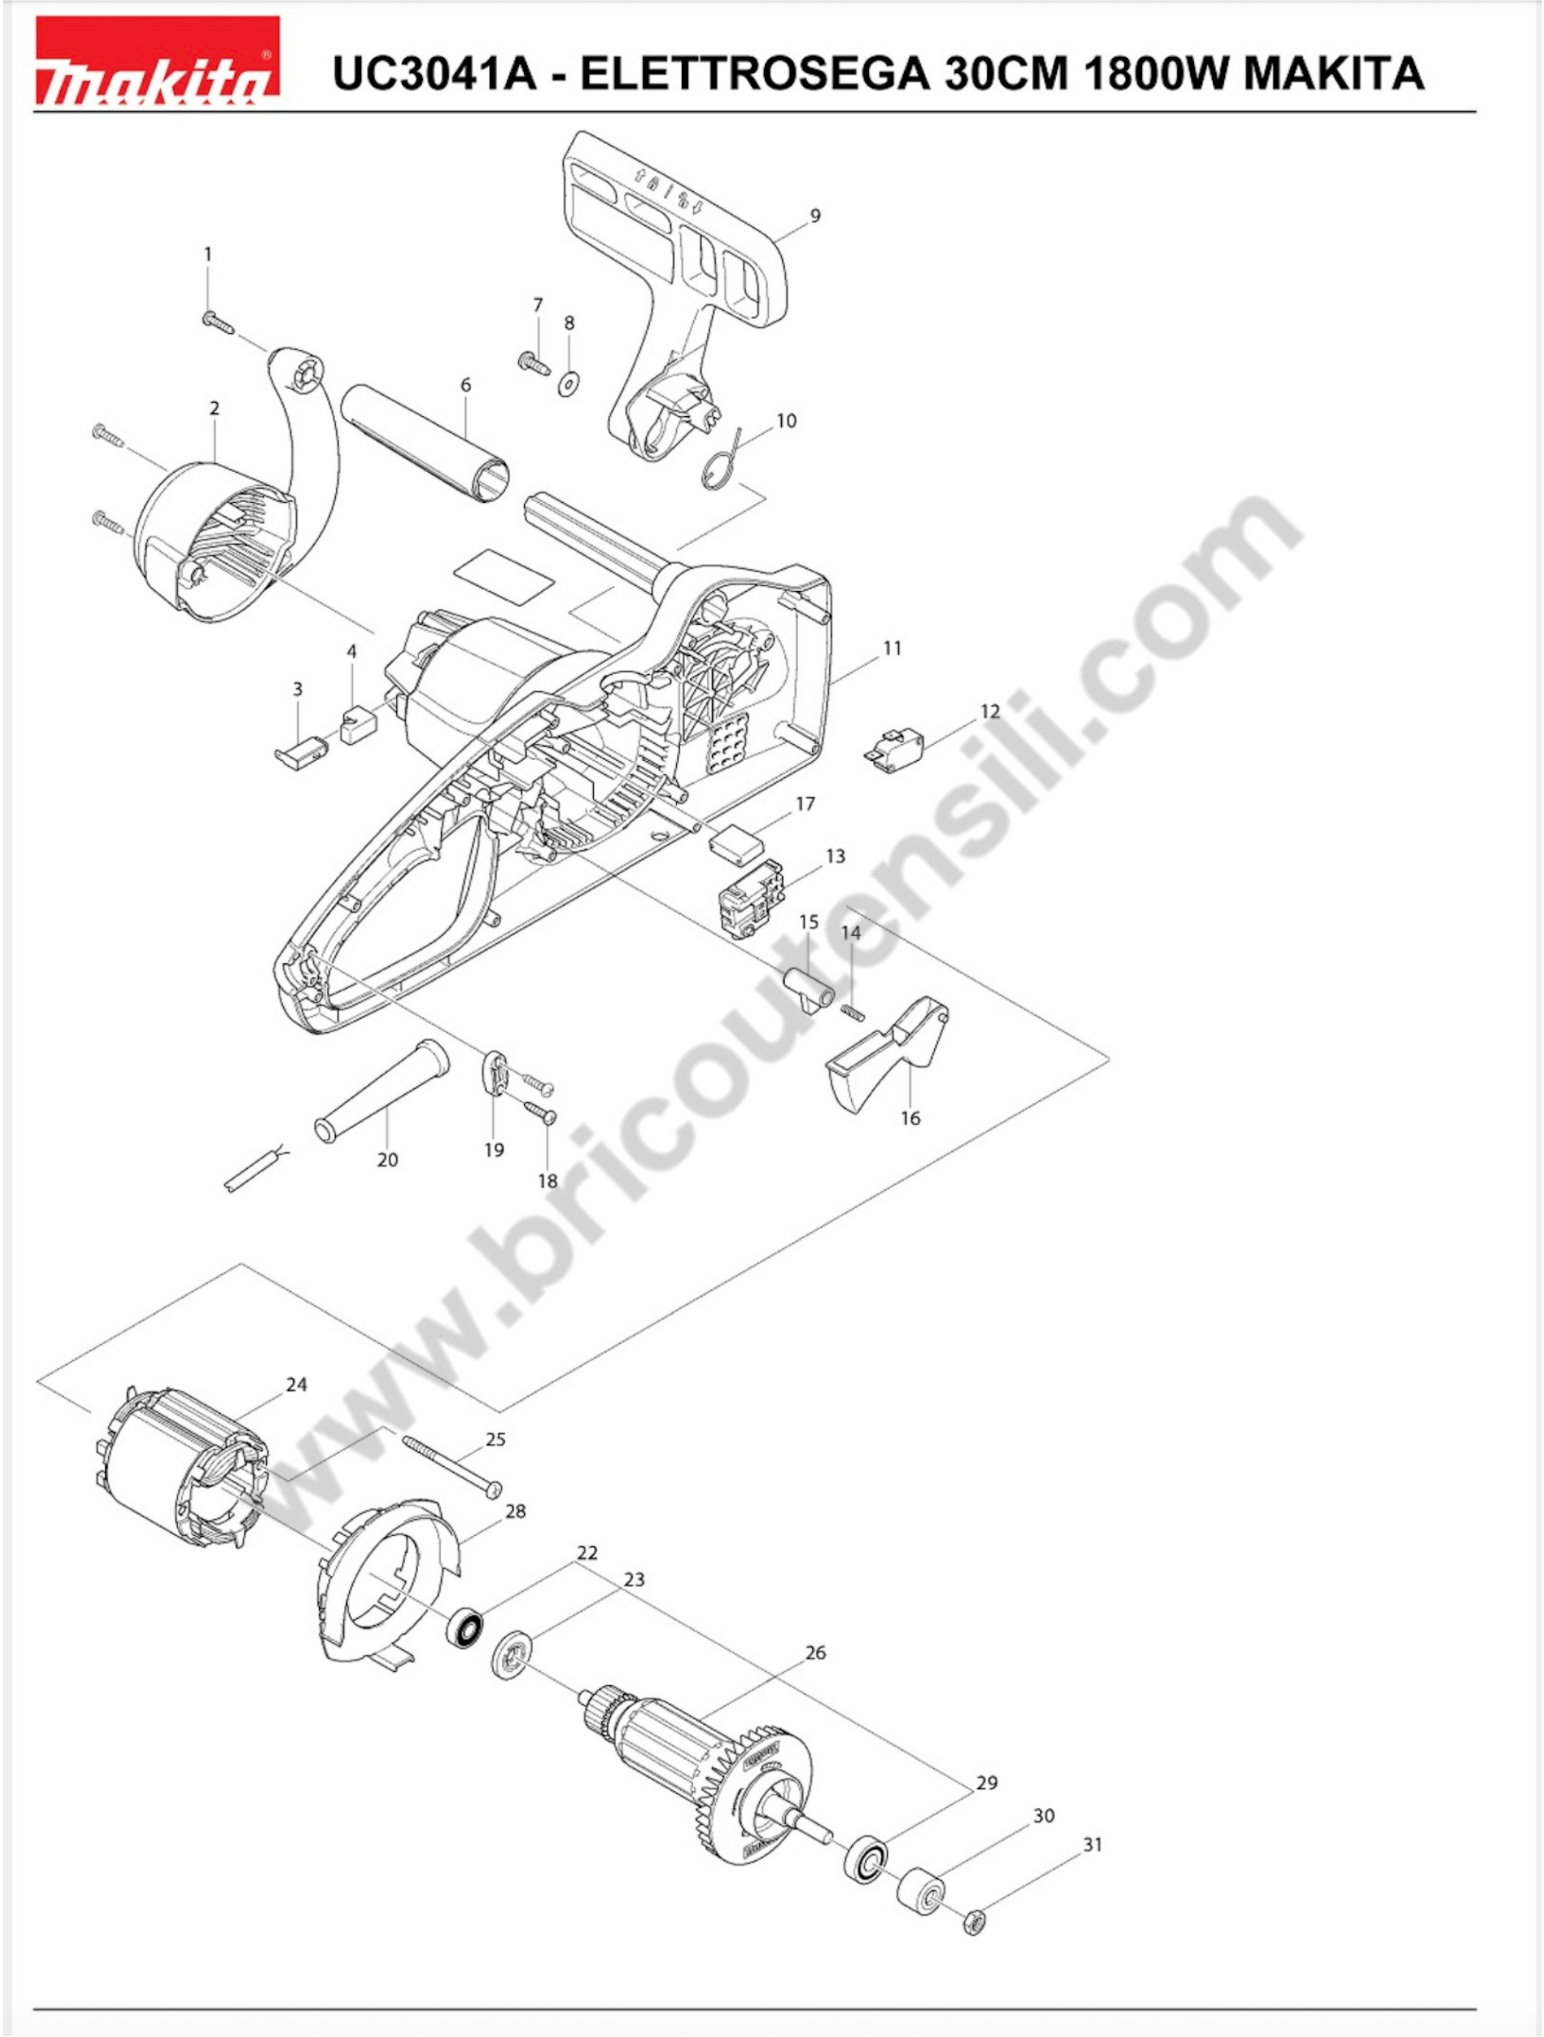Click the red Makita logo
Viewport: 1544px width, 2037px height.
click(156, 62)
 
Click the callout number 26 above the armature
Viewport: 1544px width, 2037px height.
click(816, 1652)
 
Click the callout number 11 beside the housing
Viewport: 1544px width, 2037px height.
click(892, 648)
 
